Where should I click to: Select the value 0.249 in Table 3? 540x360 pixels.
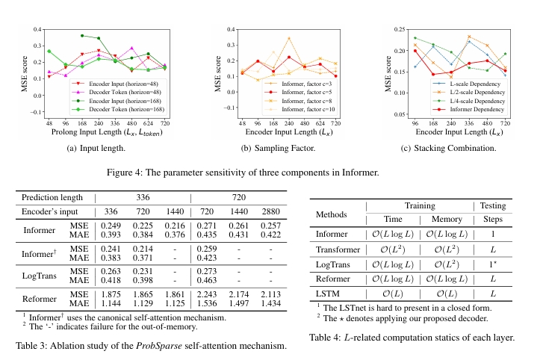110,226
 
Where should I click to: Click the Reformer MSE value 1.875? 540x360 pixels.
110,297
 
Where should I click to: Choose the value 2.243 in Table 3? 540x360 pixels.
206,297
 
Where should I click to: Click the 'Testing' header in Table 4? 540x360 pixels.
494,205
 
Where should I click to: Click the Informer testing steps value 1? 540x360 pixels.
494,234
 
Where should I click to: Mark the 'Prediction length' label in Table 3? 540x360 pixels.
52,197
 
